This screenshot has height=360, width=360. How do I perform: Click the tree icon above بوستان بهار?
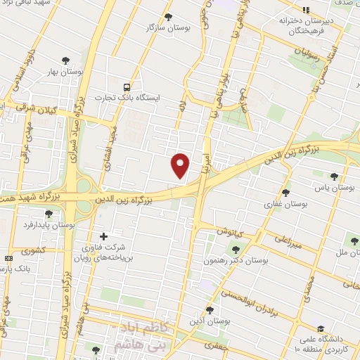point(65,61)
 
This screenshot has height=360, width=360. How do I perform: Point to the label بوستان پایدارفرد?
point(49,224)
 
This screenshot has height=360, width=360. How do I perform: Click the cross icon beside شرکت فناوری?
point(104,236)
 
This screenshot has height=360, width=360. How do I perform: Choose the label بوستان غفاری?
point(285,203)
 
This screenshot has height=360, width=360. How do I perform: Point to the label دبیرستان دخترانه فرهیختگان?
point(305,25)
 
